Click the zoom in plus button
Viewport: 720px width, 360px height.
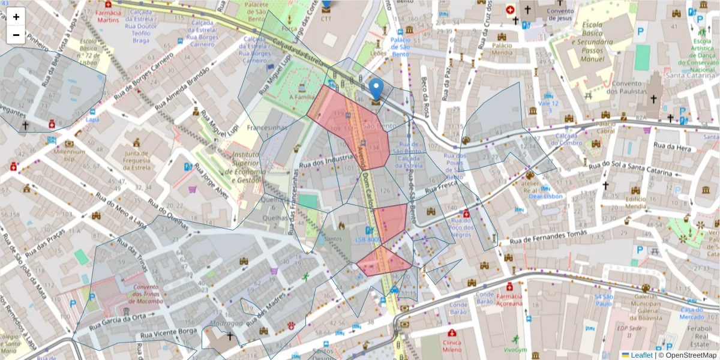coord(16,17)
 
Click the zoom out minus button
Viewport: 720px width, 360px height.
coord(16,35)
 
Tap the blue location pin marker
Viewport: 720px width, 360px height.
coord(376,89)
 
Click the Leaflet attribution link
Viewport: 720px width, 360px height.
coord(642,355)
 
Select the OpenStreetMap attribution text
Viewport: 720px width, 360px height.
coord(691,355)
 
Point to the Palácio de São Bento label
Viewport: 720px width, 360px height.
coord(400,47)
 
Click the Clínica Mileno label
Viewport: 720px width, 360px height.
coord(452,346)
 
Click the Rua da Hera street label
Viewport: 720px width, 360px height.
coord(673,146)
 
